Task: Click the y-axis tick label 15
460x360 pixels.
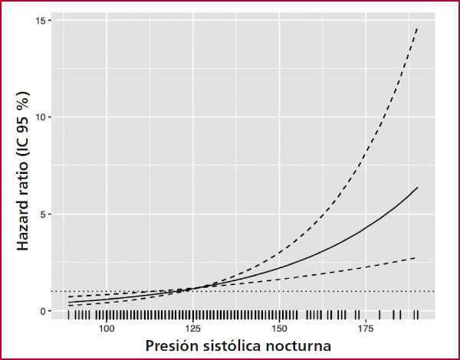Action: point(48,20)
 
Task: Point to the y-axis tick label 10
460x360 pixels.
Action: point(48,117)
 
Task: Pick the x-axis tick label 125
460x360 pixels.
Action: point(193,328)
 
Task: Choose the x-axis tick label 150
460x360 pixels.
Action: point(280,328)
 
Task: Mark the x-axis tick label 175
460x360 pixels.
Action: point(366,328)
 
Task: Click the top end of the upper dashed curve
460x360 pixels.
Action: point(416,28)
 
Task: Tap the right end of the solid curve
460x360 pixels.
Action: point(417,188)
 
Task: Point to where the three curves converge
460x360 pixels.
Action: point(195,288)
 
